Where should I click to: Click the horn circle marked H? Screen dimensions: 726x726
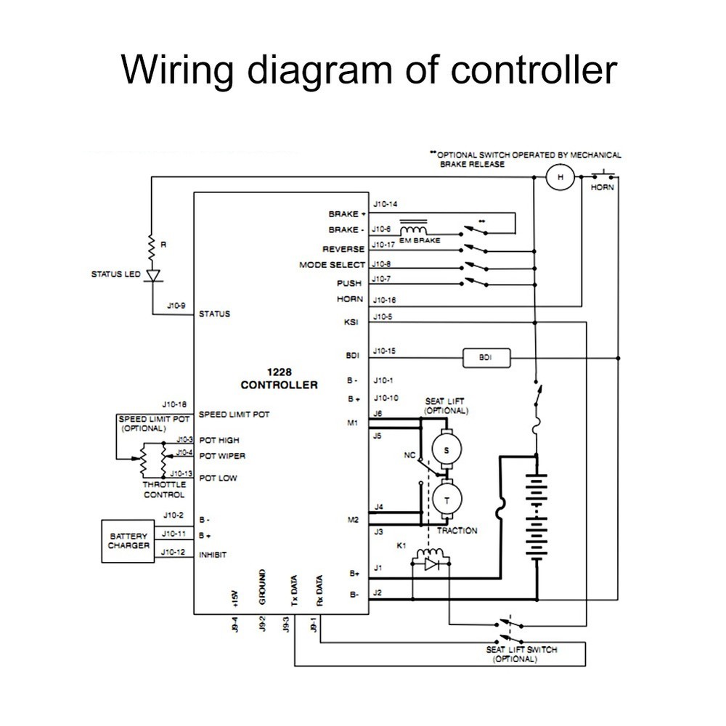click(x=560, y=177)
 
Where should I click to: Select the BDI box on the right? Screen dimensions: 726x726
click(x=485, y=357)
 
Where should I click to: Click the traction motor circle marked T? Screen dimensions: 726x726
click(x=446, y=499)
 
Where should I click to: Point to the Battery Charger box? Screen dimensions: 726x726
click(x=128, y=540)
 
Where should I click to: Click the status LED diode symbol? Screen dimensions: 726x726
click(x=152, y=276)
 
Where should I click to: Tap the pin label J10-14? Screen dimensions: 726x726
click(x=385, y=204)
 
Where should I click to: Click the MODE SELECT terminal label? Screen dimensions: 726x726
click(x=331, y=265)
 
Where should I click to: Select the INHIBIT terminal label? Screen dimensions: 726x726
click(x=213, y=555)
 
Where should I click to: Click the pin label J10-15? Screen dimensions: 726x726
click(x=385, y=352)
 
